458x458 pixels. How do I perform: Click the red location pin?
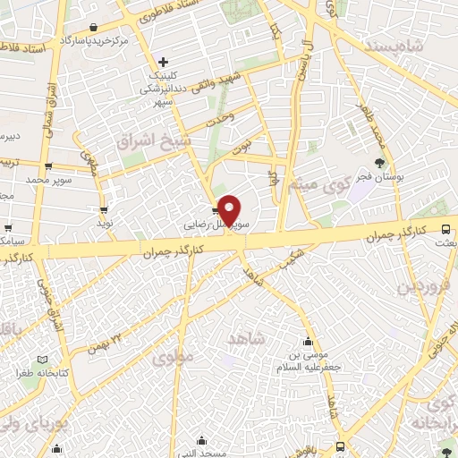(x=230, y=209)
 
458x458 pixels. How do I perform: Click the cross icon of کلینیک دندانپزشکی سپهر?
(x=163, y=62)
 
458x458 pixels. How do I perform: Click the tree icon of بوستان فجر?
(x=381, y=162)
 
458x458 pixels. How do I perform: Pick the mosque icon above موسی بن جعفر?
(x=309, y=341)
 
